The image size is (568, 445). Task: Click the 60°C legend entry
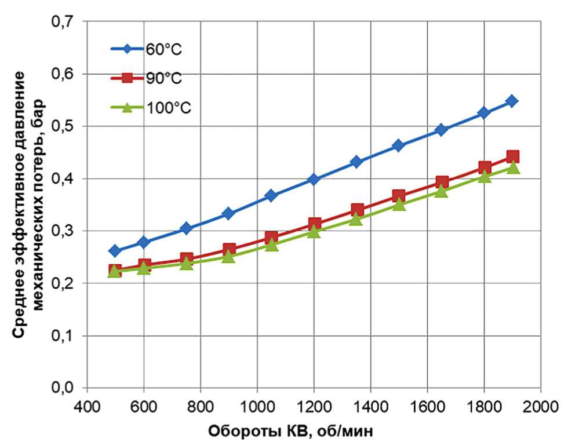tap(147, 49)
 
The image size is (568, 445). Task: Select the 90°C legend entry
tap(147, 78)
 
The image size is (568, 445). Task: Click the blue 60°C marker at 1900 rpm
tap(512, 101)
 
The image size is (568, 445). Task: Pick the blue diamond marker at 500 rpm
tap(115, 251)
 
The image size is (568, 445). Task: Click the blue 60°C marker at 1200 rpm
tap(314, 180)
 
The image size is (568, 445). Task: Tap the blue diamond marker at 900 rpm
tap(228, 214)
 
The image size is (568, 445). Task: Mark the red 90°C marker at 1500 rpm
tap(399, 196)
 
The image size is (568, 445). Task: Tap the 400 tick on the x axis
tap(86, 403)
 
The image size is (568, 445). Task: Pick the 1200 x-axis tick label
tap(314, 403)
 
